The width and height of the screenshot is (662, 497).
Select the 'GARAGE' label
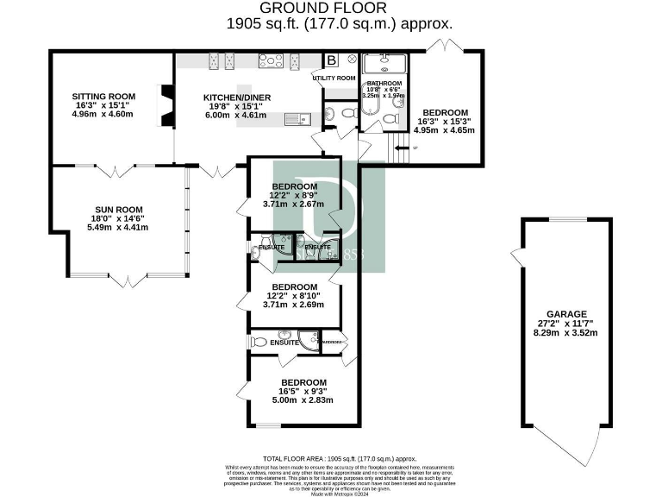[x=566, y=314]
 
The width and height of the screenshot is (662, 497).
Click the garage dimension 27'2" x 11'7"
[x=566, y=324]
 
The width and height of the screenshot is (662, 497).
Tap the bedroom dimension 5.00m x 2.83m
[x=303, y=399]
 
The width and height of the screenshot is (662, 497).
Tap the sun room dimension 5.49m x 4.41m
[x=118, y=228]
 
